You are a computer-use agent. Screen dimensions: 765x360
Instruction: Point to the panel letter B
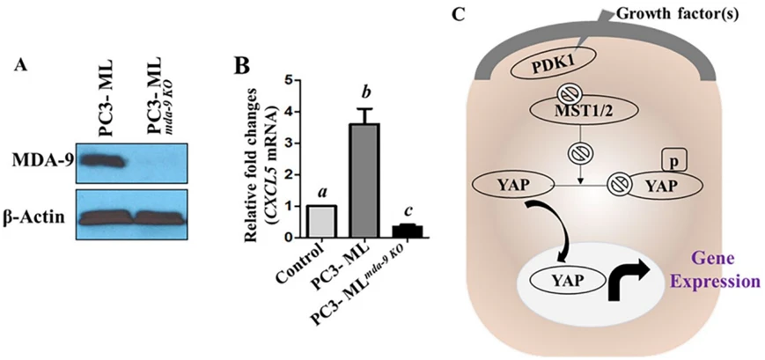(245, 66)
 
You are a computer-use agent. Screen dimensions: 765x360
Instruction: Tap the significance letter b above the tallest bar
(364, 92)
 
